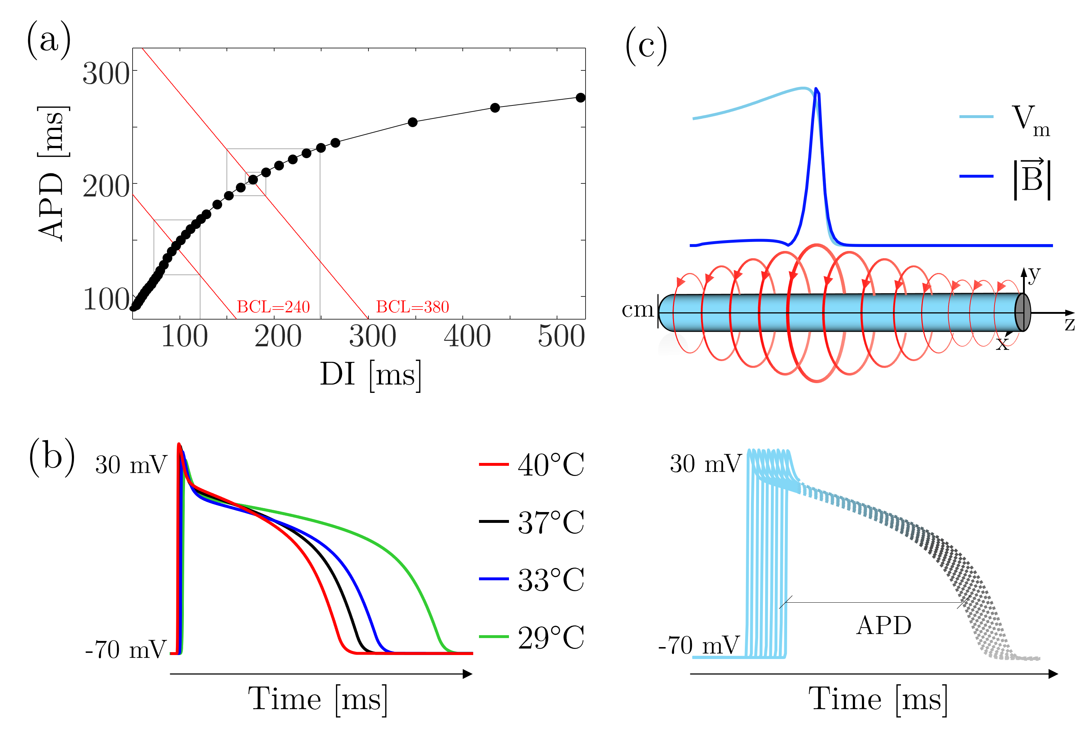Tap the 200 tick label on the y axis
(x=106, y=187)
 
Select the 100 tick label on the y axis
(x=106, y=300)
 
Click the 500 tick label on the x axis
(x=561, y=336)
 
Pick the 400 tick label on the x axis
(x=467, y=336)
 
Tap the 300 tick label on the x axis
(x=373, y=336)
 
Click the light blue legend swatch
(x=976, y=117)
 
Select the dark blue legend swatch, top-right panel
(x=976, y=176)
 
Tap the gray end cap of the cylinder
(x=1022, y=312)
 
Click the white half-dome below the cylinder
(x=673, y=346)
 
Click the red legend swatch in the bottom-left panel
(x=493, y=464)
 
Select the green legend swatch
(x=493, y=637)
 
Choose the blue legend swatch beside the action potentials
(x=493, y=579)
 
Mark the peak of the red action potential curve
(x=178, y=444)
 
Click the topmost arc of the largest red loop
(x=817, y=245)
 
